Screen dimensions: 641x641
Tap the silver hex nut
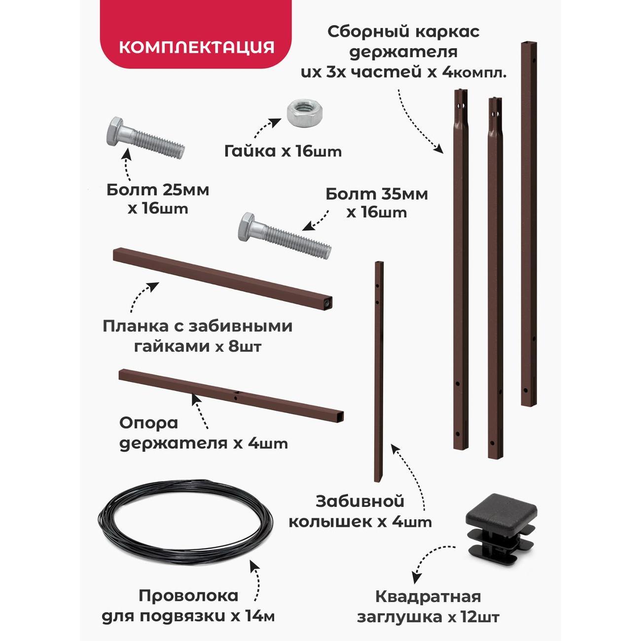tap(302, 114)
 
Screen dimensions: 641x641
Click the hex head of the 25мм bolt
tap(117, 132)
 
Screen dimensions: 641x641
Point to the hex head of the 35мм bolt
tap(249, 227)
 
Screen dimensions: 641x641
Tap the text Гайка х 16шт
tap(283, 152)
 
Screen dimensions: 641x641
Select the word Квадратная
tap(428, 597)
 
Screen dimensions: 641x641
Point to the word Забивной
tap(360, 511)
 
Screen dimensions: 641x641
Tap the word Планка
tap(140, 326)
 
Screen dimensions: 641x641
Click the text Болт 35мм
tap(377, 194)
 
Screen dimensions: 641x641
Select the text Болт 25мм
tap(158, 190)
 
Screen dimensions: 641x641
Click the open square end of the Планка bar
tap(328, 303)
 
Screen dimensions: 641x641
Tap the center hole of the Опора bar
tap(236, 397)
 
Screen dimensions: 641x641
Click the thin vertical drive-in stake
tap(379, 371)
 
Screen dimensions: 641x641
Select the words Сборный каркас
tap(403, 33)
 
